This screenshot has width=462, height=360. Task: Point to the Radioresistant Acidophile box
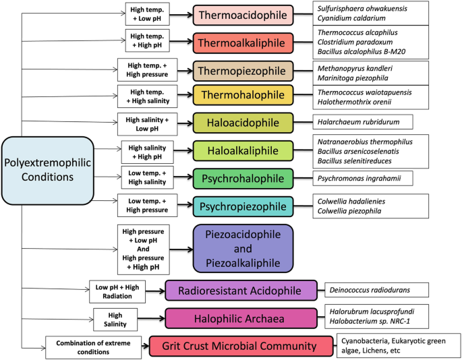click(241, 291)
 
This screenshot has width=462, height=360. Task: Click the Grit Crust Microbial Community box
click(242, 346)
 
